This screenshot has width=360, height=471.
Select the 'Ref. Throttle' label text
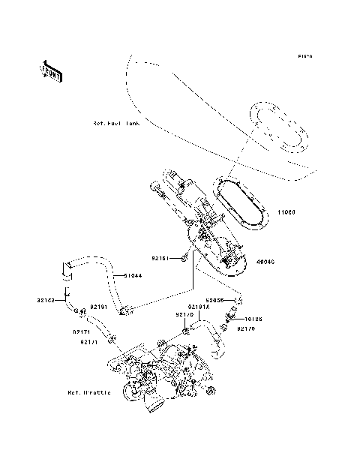point(89,392)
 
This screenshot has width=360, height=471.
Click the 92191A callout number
point(199,307)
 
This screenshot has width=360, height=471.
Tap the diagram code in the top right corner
point(304,56)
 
